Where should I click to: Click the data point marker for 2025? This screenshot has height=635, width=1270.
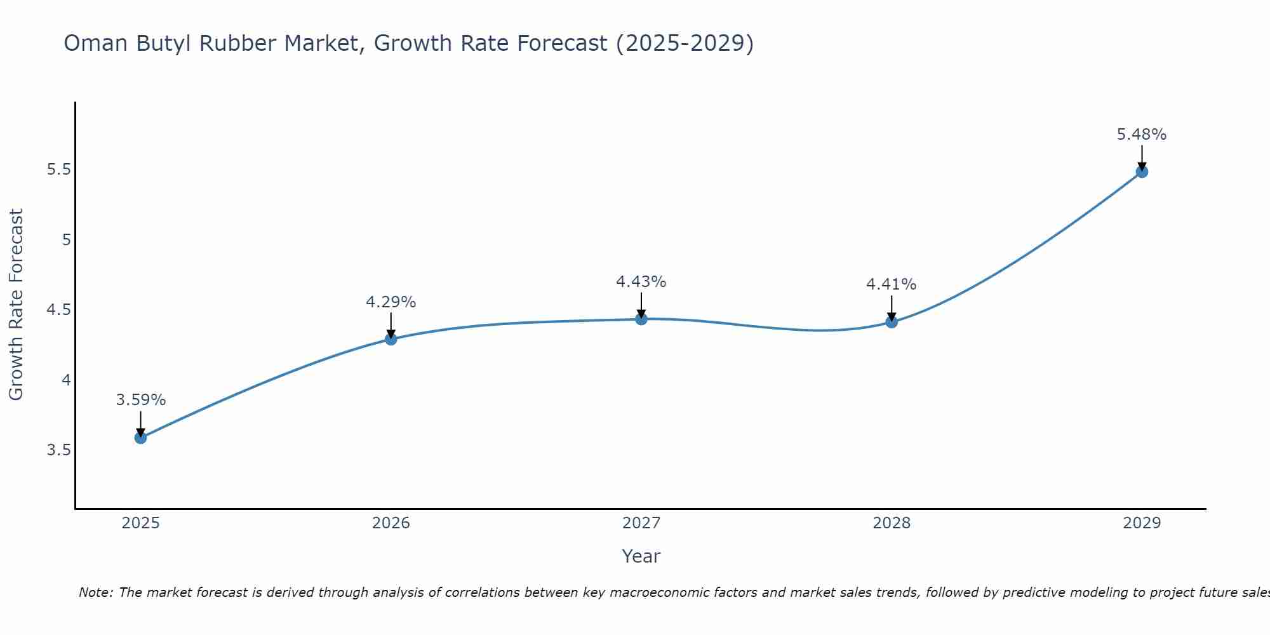click(x=140, y=438)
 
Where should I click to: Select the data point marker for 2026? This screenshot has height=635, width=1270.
click(x=391, y=339)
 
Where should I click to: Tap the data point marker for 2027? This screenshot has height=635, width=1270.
click(x=641, y=319)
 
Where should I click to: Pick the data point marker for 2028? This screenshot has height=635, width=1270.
click(x=892, y=322)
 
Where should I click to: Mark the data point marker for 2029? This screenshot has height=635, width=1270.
click(x=1142, y=171)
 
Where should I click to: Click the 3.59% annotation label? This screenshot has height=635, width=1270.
click(x=140, y=400)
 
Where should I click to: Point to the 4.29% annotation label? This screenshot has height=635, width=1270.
click(x=391, y=302)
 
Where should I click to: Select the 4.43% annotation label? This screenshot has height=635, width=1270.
click(x=641, y=282)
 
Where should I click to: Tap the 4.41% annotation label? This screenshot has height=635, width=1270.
click(x=892, y=284)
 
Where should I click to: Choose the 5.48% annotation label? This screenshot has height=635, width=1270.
click(x=1142, y=135)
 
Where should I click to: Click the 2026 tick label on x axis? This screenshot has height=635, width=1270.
click(x=391, y=523)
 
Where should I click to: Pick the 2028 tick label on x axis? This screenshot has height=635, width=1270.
click(x=892, y=523)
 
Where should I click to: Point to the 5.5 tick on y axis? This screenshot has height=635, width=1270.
click(x=58, y=170)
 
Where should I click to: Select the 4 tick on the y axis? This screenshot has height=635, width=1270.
click(x=66, y=380)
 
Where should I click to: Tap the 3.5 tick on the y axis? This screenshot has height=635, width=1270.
click(x=58, y=450)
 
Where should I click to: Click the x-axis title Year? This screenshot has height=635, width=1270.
click(x=641, y=556)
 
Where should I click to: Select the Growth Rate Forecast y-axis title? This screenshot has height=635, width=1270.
click(x=16, y=305)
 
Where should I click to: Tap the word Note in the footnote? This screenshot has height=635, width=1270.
click(x=95, y=592)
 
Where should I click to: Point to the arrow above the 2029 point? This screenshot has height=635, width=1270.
click(x=1142, y=156)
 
